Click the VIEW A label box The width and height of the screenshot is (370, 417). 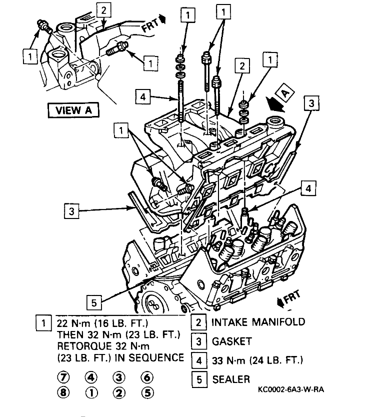[73, 109]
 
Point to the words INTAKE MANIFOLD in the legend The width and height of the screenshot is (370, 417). [257, 321]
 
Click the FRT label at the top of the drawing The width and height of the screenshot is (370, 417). [152, 22]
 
